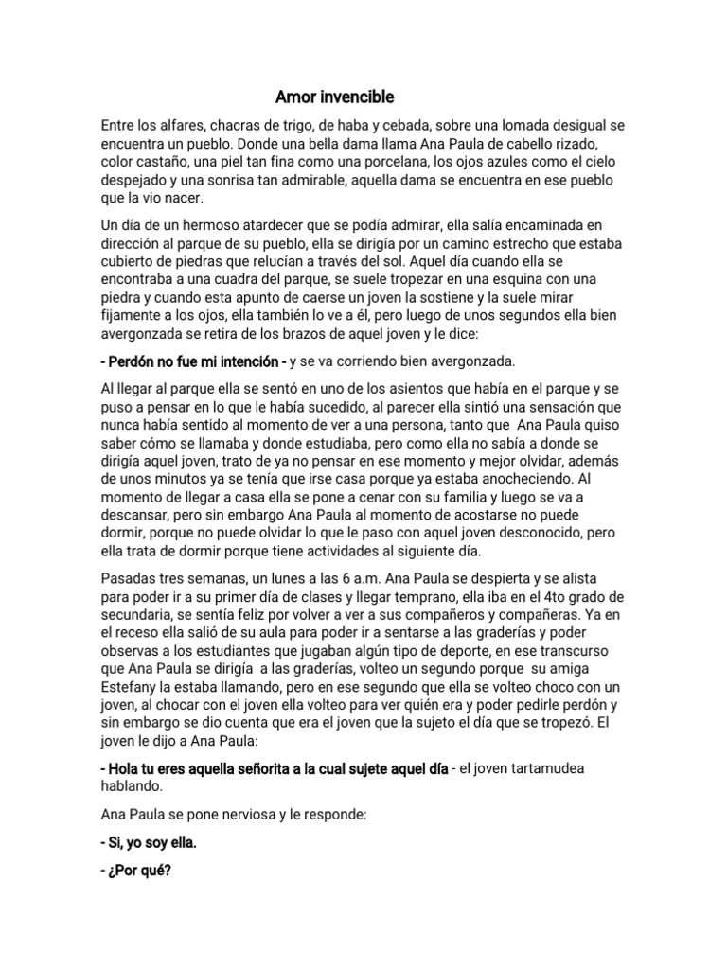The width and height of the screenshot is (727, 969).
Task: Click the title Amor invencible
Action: tap(334, 97)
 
